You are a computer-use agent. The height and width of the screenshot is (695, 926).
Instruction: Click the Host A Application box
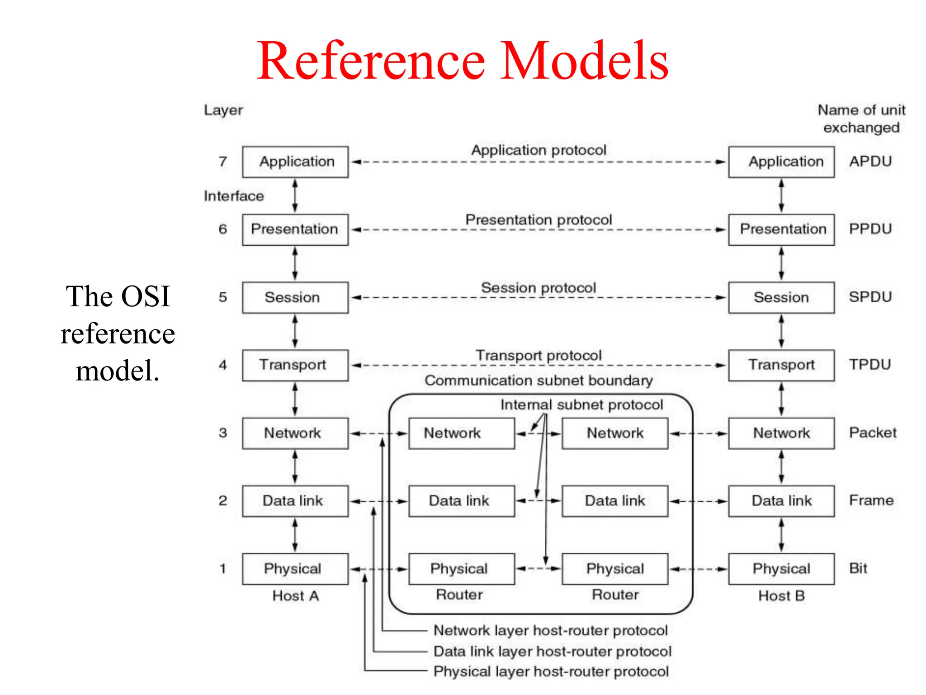point(295,162)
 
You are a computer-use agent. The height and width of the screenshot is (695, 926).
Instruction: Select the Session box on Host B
point(781,297)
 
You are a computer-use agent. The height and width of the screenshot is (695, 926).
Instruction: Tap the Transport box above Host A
point(295,365)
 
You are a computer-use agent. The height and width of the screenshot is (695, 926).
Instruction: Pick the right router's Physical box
point(614,569)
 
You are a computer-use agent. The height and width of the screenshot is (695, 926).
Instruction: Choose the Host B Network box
point(781,433)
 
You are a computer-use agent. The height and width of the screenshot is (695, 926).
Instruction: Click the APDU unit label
point(870,162)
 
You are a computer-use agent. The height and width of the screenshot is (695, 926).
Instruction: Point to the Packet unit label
point(872,433)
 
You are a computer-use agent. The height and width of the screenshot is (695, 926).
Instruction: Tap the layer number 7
point(223,162)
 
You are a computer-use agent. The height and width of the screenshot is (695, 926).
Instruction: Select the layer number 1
point(223,569)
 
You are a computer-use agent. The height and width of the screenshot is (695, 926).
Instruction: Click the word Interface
point(234,196)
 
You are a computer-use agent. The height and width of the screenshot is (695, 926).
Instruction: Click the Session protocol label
point(538,288)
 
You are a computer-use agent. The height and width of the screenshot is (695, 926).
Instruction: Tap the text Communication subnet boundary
point(538,381)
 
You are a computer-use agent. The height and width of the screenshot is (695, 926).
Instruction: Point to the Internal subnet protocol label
point(581,405)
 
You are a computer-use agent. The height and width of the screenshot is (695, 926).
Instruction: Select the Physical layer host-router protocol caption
point(551,671)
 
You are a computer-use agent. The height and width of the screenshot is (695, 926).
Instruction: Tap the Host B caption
point(781,596)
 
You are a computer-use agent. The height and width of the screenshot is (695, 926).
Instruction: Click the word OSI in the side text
point(145,296)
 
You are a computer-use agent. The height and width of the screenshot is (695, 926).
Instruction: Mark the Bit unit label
point(858,568)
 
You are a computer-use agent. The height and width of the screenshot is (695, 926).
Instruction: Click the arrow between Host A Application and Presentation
point(295,195)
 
